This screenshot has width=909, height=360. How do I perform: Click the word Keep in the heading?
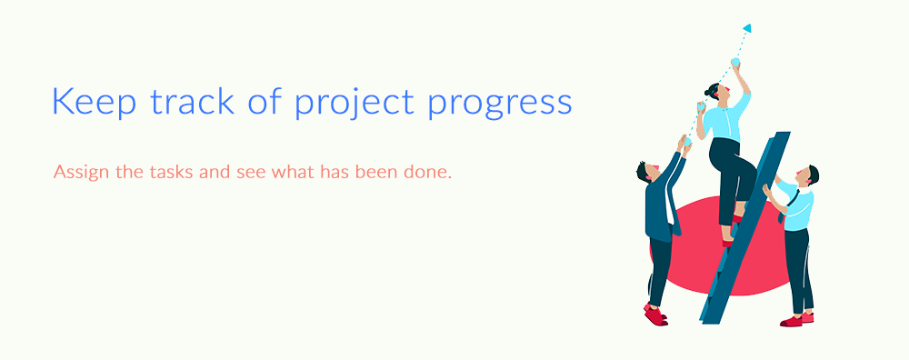pos(94,102)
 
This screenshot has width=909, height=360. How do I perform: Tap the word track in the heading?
pos(193,101)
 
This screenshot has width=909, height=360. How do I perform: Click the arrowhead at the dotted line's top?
pos(747,28)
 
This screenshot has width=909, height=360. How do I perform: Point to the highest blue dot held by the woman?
pos(735,62)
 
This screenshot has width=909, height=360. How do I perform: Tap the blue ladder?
pos(745,227)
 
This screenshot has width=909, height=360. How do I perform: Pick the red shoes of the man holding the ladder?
pos(797,320)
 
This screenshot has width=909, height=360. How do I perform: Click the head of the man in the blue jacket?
pos(647,172)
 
